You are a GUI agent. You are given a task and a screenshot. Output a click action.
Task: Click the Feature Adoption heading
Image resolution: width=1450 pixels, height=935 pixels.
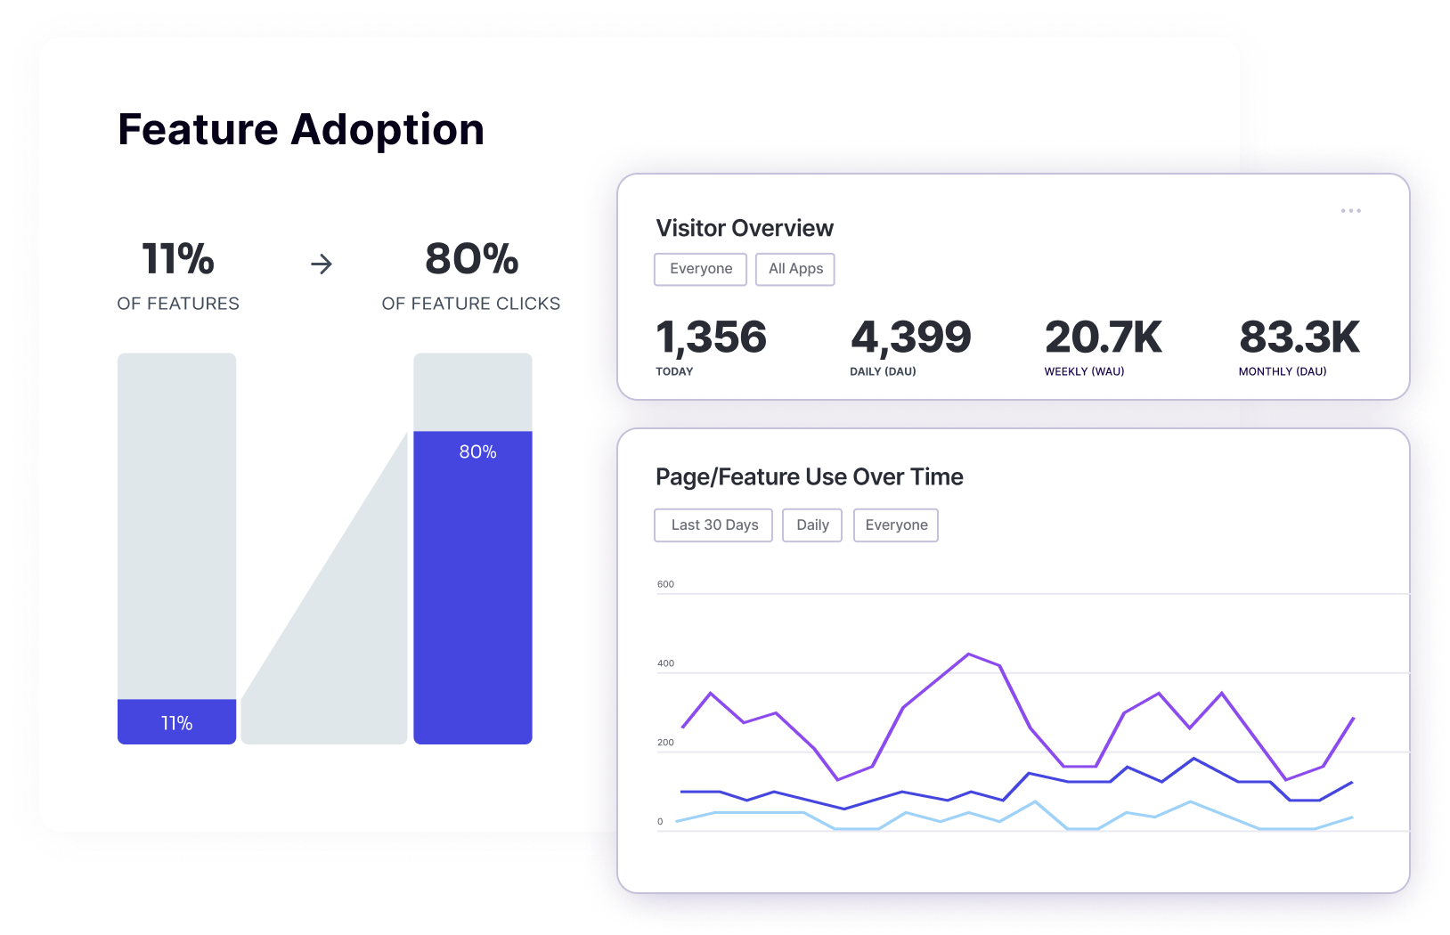[301, 130]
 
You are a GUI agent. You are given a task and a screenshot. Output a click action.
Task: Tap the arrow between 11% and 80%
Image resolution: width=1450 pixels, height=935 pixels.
[322, 264]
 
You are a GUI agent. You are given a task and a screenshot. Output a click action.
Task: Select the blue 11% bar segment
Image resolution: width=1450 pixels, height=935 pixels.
[176, 722]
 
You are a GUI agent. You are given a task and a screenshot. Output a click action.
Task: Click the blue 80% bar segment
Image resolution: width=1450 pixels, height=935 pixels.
[473, 588]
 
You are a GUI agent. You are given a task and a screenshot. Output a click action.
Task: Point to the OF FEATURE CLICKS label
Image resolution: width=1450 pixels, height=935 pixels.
[470, 304]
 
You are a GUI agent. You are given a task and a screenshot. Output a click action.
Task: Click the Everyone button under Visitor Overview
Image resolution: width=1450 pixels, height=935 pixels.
[701, 269]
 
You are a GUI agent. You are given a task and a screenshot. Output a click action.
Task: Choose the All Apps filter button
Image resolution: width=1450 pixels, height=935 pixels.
[795, 269]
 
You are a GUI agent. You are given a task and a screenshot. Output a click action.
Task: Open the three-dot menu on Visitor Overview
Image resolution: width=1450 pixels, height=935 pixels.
[1350, 211]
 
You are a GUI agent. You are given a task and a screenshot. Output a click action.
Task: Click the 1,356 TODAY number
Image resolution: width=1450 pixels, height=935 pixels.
[711, 337]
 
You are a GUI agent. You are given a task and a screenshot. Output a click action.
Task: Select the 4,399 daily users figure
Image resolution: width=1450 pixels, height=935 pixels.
[910, 337]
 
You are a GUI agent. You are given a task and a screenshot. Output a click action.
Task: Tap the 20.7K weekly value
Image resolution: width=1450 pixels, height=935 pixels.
[1103, 337]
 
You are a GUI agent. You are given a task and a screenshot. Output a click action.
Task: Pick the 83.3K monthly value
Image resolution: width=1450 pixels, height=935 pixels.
[1299, 337]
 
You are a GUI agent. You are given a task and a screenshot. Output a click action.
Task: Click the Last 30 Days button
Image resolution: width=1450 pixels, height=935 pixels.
[714, 525]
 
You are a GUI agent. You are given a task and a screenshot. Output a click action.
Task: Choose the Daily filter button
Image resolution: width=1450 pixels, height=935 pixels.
[812, 525]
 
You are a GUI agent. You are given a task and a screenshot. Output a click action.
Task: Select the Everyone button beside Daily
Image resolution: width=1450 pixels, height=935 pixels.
[896, 525]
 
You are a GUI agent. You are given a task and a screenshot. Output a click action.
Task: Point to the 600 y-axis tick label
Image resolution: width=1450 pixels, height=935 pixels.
[665, 584]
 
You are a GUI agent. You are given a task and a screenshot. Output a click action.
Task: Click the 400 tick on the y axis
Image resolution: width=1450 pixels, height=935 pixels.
[665, 663]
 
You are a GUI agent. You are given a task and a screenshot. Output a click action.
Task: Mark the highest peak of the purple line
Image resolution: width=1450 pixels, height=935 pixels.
[968, 654]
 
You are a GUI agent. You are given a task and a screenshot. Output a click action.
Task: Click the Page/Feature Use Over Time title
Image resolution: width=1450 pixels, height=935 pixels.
[809, 477]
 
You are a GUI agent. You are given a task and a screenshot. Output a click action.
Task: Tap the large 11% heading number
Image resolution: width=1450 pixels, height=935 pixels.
[178, 259]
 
